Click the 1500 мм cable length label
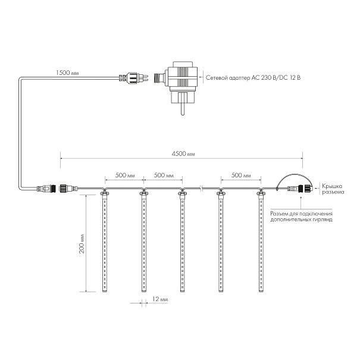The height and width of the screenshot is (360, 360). click(x=67, y=73)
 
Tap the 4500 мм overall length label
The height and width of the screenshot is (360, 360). click(x=183, y=154)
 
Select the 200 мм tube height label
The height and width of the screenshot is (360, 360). click(x=82, y=243)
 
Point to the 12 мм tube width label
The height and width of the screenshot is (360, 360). click(x=160, y=299)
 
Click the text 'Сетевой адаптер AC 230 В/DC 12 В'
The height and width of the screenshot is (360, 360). click(x=253, y=77)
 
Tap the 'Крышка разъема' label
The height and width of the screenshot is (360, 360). click(x=333, y=189)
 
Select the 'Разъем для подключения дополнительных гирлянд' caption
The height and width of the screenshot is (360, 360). click(x=301, y=217)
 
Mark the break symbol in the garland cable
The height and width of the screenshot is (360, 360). click(x=201, y=189)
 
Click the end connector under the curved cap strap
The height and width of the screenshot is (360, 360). click(x=300, y=189)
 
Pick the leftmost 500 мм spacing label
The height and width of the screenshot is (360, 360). click(x=125, y=175)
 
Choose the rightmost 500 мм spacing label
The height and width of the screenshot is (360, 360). click(x=241, y=175)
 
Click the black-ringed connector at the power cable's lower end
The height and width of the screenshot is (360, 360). click(x=46, y=189)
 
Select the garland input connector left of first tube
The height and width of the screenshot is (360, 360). click(x=68, y=189)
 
